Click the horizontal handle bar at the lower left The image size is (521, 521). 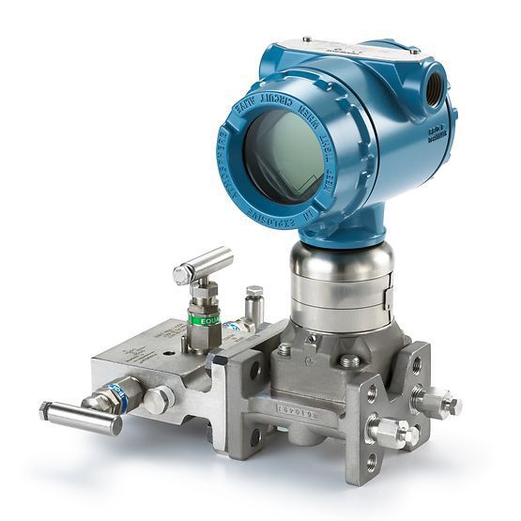click(80, 418)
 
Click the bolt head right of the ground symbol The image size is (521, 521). click(349, 360)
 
